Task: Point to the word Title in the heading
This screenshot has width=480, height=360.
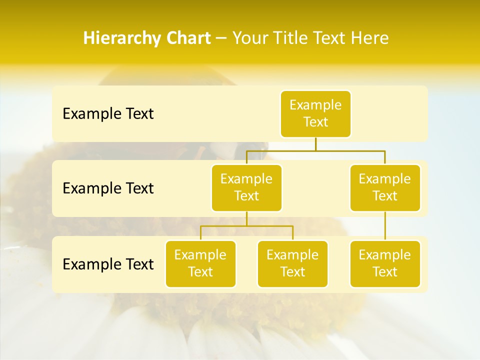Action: (291, 38)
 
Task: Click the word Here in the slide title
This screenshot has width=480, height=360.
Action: (369, 38)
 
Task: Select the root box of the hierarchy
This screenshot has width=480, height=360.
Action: (315, 113)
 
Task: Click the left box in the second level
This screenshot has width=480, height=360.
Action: (246, 187)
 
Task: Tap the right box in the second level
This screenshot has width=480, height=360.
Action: (385, 187)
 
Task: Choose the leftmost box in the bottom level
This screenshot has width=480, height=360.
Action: (200, 263)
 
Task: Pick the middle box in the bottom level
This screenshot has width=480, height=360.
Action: (292, 263)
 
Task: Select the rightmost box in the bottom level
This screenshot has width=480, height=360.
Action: (385, 263)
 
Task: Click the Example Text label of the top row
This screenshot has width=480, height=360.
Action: (108, 113)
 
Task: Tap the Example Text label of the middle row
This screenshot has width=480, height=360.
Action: (108, 188)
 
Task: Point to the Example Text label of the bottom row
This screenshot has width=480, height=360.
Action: (108, 264)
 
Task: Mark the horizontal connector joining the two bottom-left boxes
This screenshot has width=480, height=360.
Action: (246, 226)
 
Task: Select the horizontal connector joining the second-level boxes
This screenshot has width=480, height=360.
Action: (315, 150)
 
